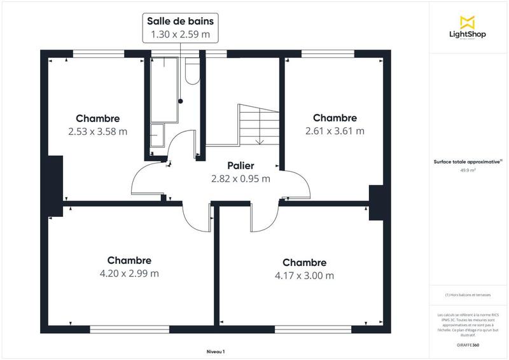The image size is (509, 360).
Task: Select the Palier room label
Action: (x=241, y=166)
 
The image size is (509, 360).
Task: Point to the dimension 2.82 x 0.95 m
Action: (x=241, y=179)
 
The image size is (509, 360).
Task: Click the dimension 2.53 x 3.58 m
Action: (x=97, y=132)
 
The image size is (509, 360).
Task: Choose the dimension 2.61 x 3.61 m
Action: (x=335, y=131)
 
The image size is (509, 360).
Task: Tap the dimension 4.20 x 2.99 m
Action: (x=129, y=273)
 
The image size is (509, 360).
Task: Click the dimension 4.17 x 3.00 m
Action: (x=304, y=275)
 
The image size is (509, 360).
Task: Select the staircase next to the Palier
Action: (x=258, y=125)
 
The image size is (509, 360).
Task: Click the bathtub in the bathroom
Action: (x=164, y=89)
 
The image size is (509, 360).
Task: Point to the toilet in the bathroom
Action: (x=191, y=72)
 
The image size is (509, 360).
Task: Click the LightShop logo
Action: (x=468, y=29)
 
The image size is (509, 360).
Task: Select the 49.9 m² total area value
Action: (x=468, y=170)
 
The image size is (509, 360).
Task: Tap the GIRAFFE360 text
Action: (x=468, y=345)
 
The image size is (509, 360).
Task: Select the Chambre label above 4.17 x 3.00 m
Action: (x=304, y=263)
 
